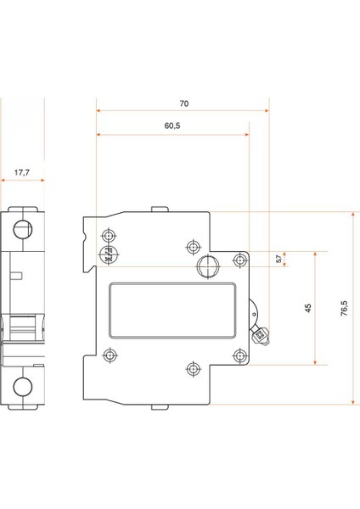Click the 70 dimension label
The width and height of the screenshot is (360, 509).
coord(183,103)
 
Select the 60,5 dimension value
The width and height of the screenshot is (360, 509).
coord(172,126)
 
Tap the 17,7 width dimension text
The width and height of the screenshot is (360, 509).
coord(22,172)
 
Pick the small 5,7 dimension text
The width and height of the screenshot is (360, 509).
coord(278,259)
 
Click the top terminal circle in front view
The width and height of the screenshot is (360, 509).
coord(23,229)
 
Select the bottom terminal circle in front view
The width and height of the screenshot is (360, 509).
coord(23,387)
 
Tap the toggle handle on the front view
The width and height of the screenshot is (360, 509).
coord(23,327)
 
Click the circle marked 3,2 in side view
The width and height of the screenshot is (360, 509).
coord(108,253)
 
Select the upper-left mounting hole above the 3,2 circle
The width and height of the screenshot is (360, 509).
coord(108,236)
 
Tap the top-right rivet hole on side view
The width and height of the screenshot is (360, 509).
coord(239,260)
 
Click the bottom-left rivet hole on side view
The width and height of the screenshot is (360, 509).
coord(108,355)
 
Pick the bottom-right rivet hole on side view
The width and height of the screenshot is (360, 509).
coord(239,355)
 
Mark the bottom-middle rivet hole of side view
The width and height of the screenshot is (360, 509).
coord(193,369)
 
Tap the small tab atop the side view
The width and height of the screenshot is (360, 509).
coord(159,208)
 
